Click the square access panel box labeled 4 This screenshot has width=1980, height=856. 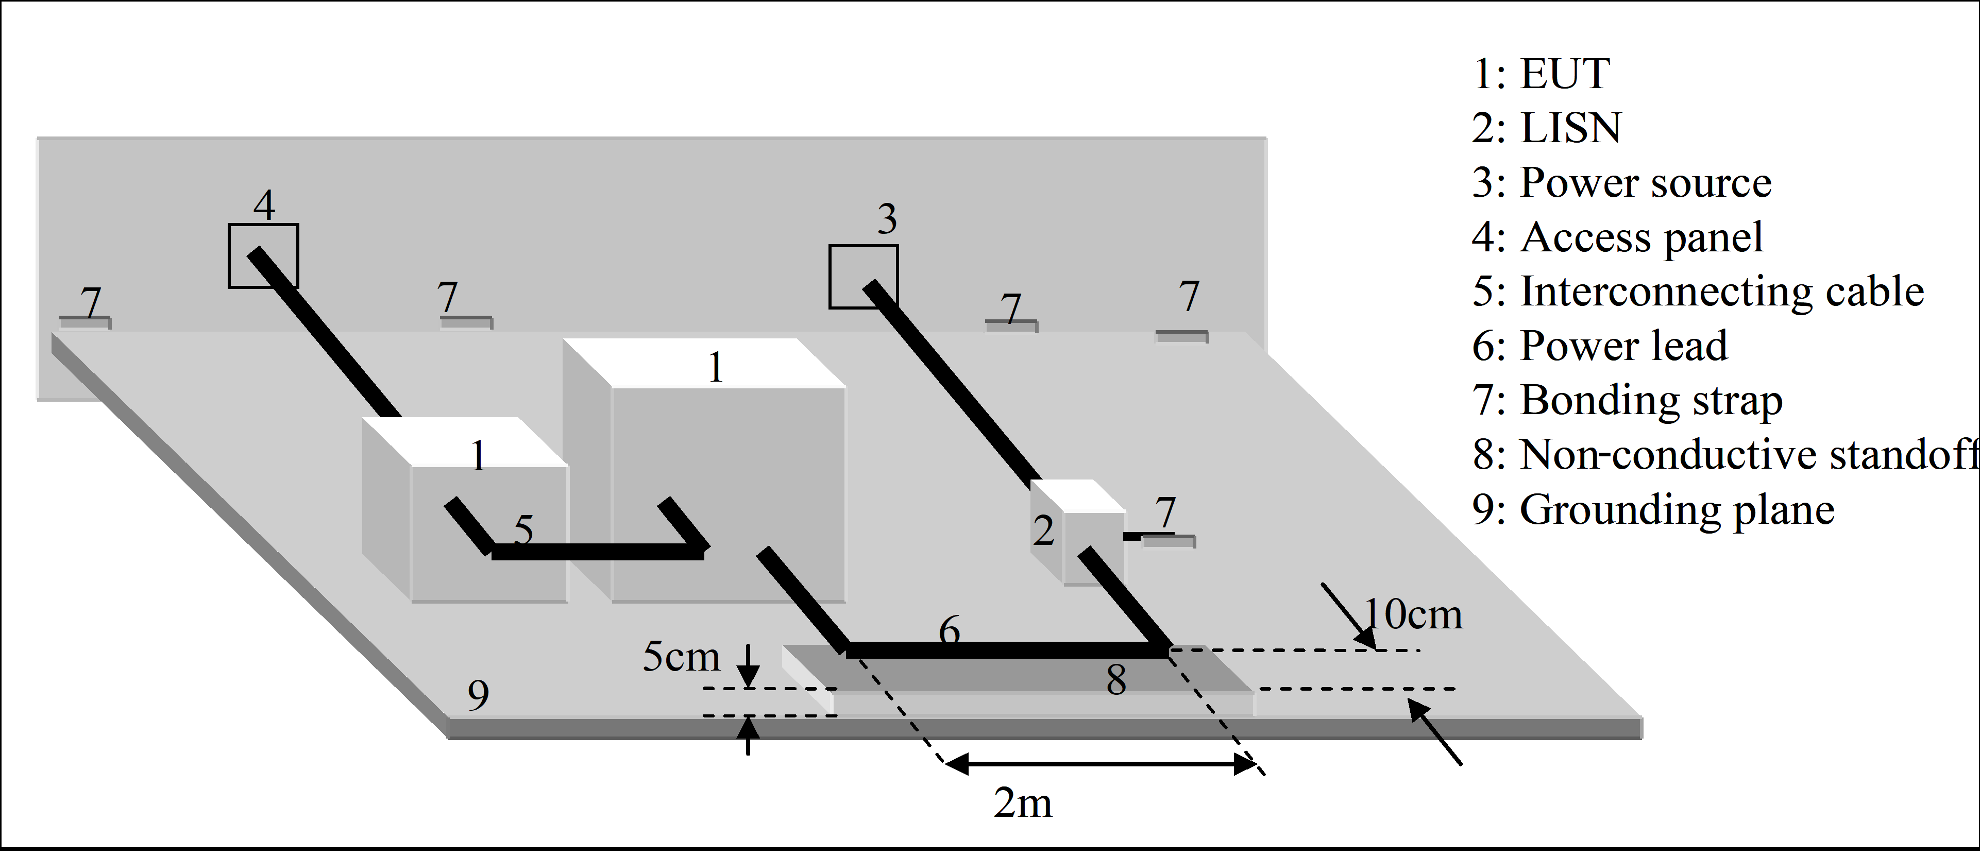pyautogui.click(x=263, y=256)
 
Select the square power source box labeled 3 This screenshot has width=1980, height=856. pyautogui.click(x=862, y=277)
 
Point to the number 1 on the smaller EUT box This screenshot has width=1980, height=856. pyautogui.click(x=478, y=456)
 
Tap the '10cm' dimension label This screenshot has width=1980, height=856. pyautogui.click(x=1413, y=615)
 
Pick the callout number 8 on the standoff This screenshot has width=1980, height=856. pyautogui.click(x=1116, y=680)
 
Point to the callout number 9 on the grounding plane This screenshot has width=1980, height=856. pyautogui.click(x=478, y=695)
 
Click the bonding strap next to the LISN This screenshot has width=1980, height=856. pyautogui.click(x=1169, y=541)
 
